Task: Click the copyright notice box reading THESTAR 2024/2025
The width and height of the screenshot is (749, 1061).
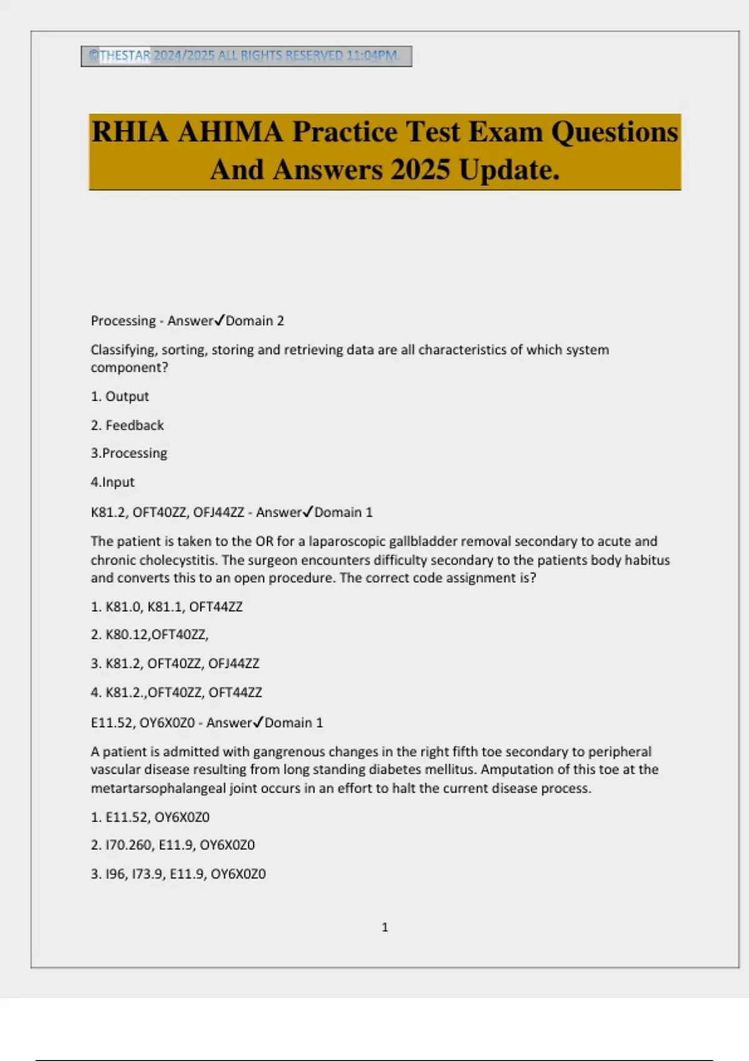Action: click(246, 56)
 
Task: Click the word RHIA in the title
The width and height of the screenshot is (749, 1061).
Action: click(130, 132)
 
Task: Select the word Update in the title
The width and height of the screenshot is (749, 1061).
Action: click(509, 170)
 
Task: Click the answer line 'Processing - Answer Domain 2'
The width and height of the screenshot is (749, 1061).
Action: click(187, 321)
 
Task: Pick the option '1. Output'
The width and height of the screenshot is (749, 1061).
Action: click(120, 396)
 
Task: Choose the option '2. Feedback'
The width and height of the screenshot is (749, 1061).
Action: click(127, 425)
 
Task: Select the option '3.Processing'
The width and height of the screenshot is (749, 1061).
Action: click(129, 453)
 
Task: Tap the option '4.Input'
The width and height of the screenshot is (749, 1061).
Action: click(112, 482)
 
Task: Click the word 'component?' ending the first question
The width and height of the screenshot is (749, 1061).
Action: click(129, 368)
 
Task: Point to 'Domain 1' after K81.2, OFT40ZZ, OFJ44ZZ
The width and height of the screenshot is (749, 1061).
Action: click(343, 512)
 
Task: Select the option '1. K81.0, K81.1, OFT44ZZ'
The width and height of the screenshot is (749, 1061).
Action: click(167, 607)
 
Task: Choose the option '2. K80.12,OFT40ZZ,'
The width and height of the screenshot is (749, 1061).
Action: click(150, 635)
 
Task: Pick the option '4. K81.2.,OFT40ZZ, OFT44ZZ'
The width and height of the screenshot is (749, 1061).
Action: click(176, 692)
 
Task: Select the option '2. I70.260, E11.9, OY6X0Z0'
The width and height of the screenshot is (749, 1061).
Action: click(173, 845)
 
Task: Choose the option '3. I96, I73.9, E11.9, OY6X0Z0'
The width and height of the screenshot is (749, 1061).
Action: click(179, 874)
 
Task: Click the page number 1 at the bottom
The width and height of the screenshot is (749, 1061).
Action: click(384, 927)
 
